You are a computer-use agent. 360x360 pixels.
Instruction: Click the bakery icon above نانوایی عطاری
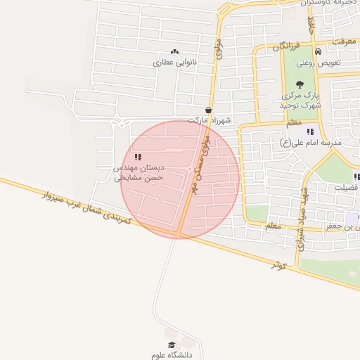[174, 52]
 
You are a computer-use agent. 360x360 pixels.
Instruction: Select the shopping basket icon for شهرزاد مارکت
[209, 110]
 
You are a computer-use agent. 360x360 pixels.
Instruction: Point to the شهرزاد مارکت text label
[208, 120]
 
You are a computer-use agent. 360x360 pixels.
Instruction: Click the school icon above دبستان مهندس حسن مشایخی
[137, 157]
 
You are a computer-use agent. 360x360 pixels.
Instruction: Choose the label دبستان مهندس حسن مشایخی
[139, 174]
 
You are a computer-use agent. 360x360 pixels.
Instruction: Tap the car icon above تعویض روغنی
[318, 52]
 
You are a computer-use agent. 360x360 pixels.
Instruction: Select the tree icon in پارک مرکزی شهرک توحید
[300, 84]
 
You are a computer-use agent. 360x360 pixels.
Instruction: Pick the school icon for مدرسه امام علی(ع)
[310, 131]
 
